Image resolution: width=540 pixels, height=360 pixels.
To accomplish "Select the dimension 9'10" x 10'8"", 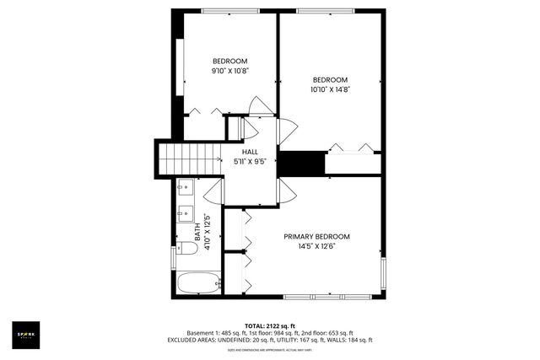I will [229, 71].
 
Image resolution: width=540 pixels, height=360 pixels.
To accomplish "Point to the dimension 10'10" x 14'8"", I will [330, 89].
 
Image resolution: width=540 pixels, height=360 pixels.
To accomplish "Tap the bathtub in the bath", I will [199, 283].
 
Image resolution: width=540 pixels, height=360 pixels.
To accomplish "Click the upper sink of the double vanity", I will [183, 191].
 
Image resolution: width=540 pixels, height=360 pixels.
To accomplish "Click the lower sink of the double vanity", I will [183, 214].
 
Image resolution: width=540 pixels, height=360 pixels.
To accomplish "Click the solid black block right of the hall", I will [302, 163].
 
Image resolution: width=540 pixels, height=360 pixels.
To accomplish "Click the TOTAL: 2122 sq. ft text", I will [269, 325].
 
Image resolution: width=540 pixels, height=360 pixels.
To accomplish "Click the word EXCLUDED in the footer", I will [206, 340].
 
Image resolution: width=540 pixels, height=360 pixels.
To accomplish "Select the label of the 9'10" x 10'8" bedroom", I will [229, 61].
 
